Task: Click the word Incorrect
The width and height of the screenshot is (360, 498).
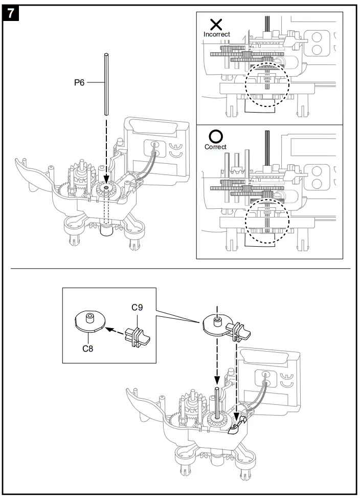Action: pyautogui.click(x=217, y=34)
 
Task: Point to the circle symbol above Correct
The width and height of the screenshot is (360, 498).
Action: pyautogui.click(x=216, y=136)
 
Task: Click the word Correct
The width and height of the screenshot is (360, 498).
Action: pyautogui.click(x=215, y=147)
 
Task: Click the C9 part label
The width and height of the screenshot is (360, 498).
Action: pyautogui.click(x=137, y=308)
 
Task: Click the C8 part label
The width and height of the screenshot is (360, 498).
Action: pyautogui.click(x=88, y=349)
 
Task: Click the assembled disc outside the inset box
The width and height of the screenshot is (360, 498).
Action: pyautogui.click(x=217, y=324)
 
